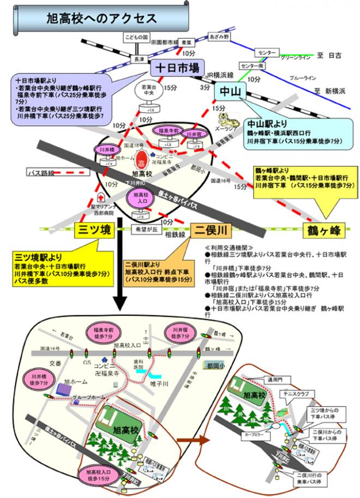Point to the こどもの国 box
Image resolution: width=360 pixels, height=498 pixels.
click(137, 38)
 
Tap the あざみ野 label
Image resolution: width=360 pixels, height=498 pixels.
click(220, 37)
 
